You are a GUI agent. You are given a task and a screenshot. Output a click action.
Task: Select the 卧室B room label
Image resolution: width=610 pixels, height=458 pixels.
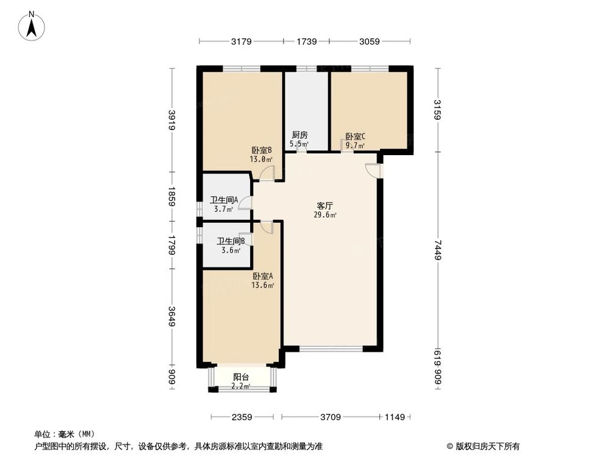tap(261, 150)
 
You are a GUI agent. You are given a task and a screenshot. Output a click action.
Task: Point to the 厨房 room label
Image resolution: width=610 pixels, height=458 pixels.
tap(299, 136)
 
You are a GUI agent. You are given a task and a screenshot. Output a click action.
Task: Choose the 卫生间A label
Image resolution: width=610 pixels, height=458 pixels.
tap(224, 200)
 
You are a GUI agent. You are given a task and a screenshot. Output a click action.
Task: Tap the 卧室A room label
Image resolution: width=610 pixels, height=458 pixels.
tap(264, 276)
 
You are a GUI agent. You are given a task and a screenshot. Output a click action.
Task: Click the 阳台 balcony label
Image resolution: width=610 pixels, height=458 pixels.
tap(241, 377)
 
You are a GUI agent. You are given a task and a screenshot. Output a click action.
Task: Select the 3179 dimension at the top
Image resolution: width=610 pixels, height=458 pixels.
tap(242, 42)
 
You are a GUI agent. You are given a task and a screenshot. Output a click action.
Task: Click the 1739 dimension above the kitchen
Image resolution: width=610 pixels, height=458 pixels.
tap(306, 42)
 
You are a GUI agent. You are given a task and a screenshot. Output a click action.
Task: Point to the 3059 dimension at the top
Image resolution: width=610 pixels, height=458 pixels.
tap(369, 42)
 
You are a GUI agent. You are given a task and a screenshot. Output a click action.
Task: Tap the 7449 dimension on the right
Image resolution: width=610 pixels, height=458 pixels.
tap(437, 250)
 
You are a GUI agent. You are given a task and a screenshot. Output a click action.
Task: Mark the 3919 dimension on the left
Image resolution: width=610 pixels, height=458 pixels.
tap(172, 120)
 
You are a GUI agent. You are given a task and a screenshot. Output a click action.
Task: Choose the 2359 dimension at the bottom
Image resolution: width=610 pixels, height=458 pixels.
tap(242, 418)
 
